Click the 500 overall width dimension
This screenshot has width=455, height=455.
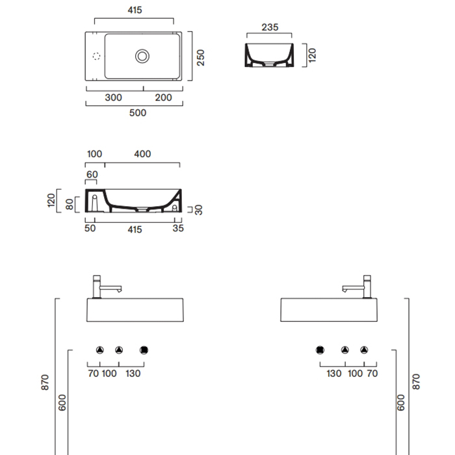pos(138,112)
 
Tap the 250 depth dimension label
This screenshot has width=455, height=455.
pos(200,58)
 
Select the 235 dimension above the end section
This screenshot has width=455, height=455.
pos(270,27)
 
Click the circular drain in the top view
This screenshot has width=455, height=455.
pos(142,56)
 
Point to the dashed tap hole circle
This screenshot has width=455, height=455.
pos(96,56)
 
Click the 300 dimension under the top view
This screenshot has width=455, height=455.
pos(113,97)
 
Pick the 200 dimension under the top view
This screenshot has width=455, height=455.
pos(163,97)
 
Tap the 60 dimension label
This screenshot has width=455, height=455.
pos(92,174)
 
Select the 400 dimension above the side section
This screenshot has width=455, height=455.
pos(142,154)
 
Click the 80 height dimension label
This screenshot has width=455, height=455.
pos(70,204)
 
